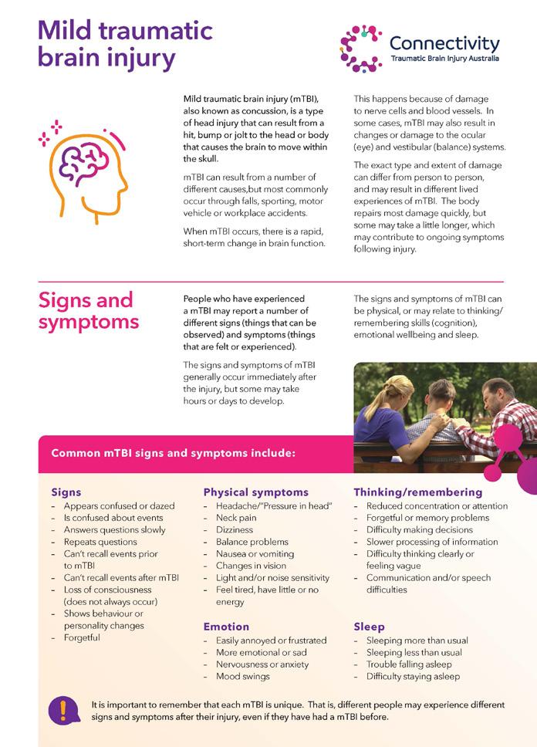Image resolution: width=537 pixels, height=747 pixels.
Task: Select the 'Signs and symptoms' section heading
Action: (86, 310)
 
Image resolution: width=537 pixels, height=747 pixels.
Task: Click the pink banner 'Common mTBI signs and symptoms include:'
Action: (173, 453)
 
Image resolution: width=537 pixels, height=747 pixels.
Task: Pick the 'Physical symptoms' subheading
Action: (255, 492)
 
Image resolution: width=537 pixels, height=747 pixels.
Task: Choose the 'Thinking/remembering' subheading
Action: (417, 492)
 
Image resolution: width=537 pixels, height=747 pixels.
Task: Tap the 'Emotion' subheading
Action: (226, 627)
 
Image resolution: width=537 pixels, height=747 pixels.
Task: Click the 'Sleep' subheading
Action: (369, 627)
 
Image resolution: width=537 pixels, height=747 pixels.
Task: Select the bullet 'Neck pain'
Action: (236, 518)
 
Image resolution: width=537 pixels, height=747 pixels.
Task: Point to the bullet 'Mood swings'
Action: (242, 676)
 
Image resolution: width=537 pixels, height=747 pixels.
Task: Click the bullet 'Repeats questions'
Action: (100, 542)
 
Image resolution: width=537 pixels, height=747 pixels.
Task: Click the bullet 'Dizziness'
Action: (235, 530)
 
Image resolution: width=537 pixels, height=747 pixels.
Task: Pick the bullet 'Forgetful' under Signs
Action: (82, 637)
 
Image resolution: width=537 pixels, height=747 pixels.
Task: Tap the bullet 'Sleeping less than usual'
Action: (414, 652)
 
